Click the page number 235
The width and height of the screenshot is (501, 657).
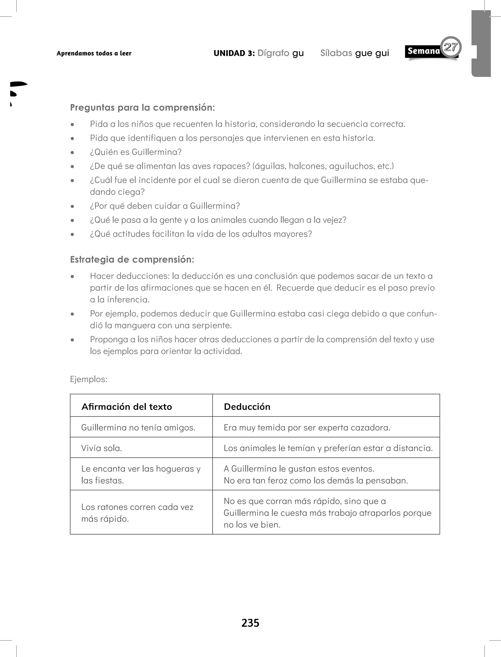[x=250, y=623]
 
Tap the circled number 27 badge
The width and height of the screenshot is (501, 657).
[x=451, y=47]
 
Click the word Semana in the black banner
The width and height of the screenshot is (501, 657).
[x=423, y=51]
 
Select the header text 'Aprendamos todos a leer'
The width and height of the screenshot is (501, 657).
[x=94, y=53]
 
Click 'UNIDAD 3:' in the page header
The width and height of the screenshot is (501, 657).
[x=234, y=53]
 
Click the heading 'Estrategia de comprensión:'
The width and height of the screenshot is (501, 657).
[x=132, y=259]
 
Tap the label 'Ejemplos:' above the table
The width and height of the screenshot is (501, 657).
[x=89, y=379]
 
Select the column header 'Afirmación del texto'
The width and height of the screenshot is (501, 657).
[x=127, y=407]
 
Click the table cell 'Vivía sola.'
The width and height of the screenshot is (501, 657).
[x=101, y=448]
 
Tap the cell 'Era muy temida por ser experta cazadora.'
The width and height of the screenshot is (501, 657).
[x=307, y=428]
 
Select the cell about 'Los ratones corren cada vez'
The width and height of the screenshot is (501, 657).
[x=137, y=513]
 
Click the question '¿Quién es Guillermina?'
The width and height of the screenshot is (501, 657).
[x=136, y=152]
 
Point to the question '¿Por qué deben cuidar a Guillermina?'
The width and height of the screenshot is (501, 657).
[x=165, y=206]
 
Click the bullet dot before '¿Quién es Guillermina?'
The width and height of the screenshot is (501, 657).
[x=72, y=152]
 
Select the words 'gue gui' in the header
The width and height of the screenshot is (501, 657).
[x=372, y=53]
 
